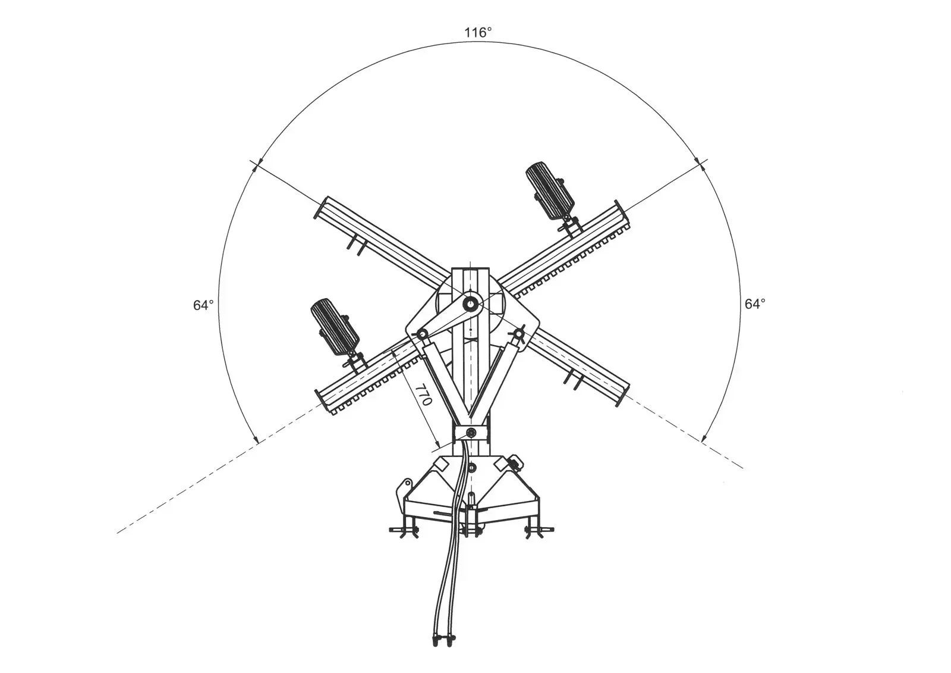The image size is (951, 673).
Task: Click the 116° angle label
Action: tap(478, 32)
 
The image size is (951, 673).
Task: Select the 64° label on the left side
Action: tap(203, 305)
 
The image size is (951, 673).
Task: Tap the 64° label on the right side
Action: tap(755, 303)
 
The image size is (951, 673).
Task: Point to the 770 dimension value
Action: tap(424, 395)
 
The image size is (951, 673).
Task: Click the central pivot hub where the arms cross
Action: tap(470, 303)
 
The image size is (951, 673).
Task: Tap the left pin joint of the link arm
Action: tap(421, 335)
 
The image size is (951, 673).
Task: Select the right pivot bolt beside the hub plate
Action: tap(519, 334)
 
